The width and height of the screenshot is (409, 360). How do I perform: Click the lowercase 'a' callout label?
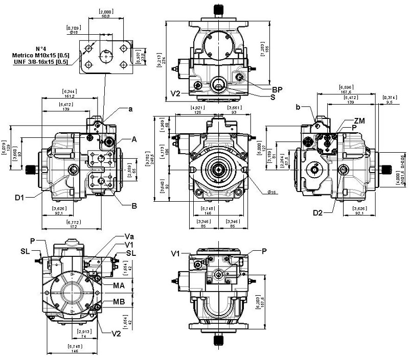pyautogui.click(x=131, y=109)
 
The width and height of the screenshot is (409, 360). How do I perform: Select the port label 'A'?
pyautogui.click(x=135, y=139)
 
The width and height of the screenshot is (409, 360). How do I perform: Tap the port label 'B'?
pyautogui.click(x=134, y=206)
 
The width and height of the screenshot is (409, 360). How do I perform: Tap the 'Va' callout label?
pyautogui.click(x=129, y=236)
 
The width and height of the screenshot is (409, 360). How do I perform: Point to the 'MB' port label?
pyautogui.click(x=119, y=301)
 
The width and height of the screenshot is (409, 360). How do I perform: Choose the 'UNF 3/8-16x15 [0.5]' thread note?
pyautogui.click(x=41, y=62)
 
